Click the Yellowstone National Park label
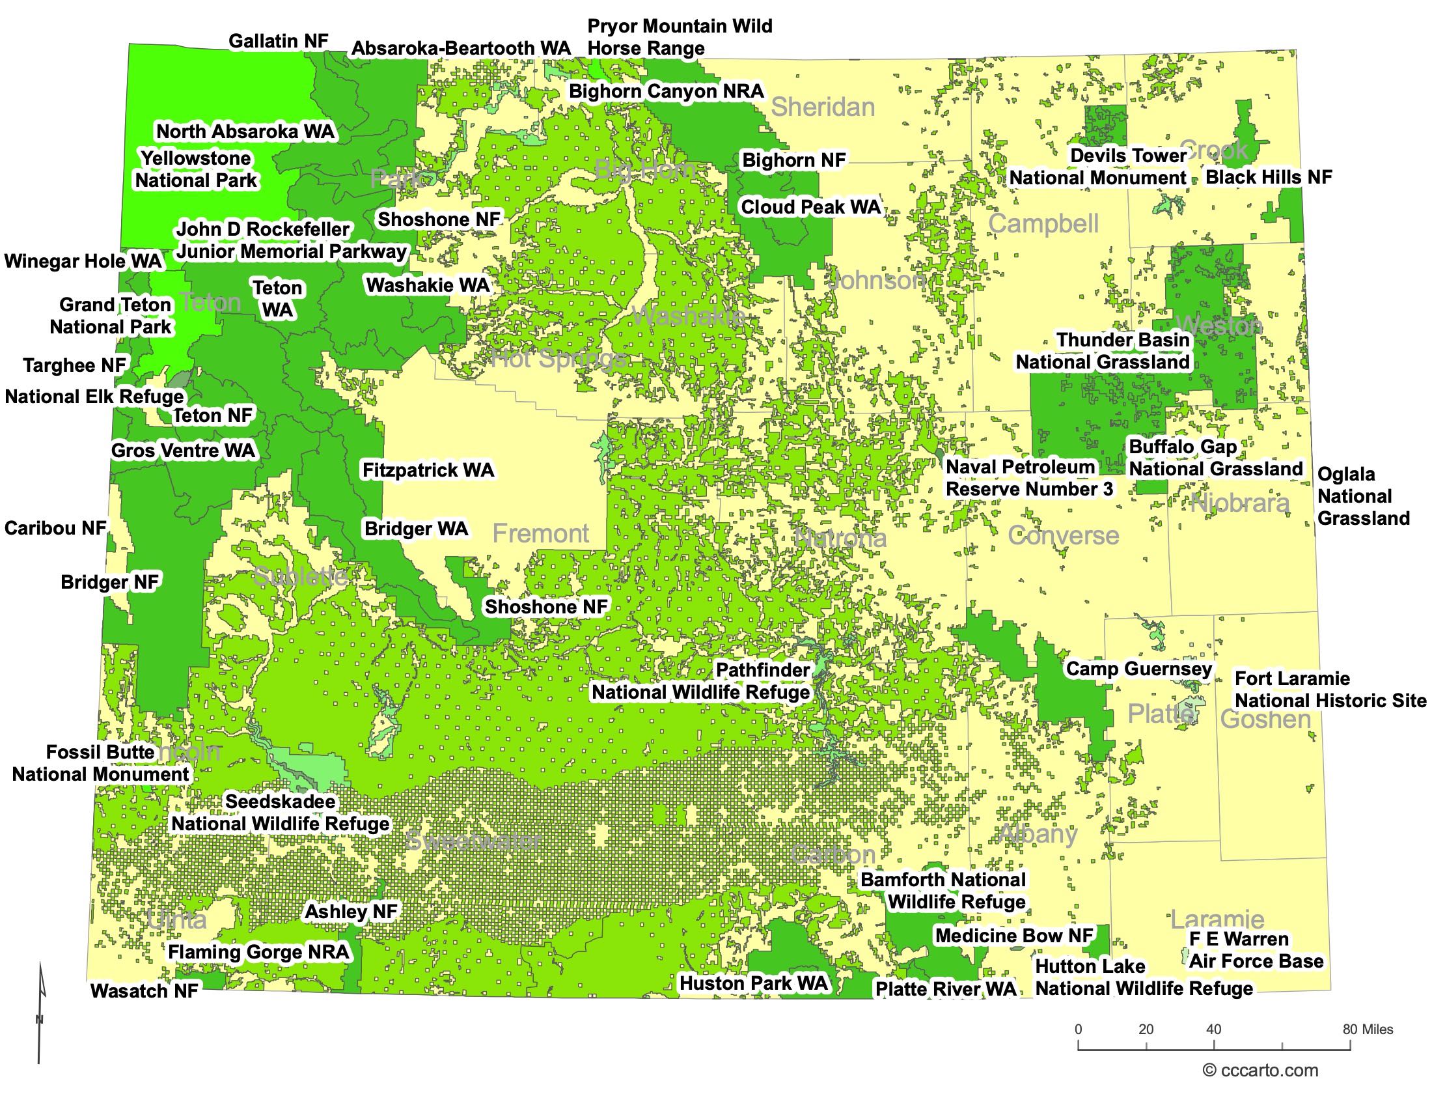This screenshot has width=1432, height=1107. pyautogui.click(x=196, y=169)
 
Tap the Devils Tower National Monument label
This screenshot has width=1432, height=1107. pyautogui.click(x=1098, y=167)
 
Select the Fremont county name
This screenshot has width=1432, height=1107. pyautogui.click(x=540, y=533)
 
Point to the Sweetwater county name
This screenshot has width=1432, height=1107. pyautogui.click(x=473, y=840)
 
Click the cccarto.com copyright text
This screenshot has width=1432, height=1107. pyautogui.click(x=1260, y=1071)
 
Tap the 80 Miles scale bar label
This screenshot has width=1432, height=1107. pyautogui.click(x=1368, y=1029)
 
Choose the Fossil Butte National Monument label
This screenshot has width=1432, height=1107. pyautogui.click(x=100, y=763)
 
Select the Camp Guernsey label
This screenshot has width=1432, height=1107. pyautogui.click(x=1139, y=669)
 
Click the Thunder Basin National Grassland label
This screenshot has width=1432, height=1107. pyautogui.click(x=1103, y=351)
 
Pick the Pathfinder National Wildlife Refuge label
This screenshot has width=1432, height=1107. pyautogui.click(x=701, y=681)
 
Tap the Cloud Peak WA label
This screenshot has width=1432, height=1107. pyautogui.click(x=810, y=207)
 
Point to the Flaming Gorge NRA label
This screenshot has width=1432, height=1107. pyautogui.click(x=259, y=951)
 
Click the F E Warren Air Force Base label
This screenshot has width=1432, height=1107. pyautogui.click(x=1256, y=950)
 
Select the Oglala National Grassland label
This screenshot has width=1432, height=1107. pyautogui.click(x=1362, y=496)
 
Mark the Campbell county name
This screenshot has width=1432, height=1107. pyautogui.click(x=1043, y=223)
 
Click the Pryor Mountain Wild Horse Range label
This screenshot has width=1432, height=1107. pyautogui.click(x=680, y=37)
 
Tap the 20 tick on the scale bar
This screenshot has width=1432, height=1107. pyautogui.click(x=1146, y=1030)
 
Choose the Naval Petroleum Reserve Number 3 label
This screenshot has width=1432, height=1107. pyautogui.click(x=1028, y=478)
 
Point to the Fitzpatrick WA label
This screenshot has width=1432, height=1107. pyautogui.click(x=428, y=470)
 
